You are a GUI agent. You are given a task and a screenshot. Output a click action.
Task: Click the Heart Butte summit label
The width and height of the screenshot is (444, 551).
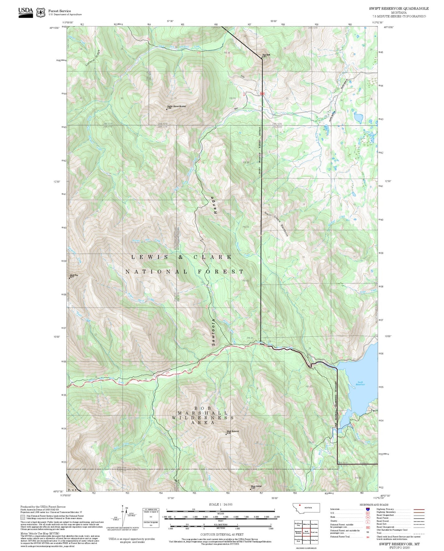click(x=266, y=55)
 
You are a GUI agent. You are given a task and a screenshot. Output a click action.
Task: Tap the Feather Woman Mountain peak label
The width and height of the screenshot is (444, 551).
click(x=176, y=107)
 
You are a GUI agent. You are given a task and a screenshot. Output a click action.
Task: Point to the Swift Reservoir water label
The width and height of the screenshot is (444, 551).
click(x=360, y=383)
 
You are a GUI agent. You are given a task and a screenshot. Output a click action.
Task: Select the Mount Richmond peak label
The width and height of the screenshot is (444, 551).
click(x=233, y=432)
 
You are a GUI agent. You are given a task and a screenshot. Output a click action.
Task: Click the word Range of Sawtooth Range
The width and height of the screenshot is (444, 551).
click(x=215, y=205)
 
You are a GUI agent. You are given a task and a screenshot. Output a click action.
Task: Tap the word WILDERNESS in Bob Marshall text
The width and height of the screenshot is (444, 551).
click(x=202, y=418)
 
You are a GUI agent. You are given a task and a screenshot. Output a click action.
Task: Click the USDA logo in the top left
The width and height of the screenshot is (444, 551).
click(x=26, y=12)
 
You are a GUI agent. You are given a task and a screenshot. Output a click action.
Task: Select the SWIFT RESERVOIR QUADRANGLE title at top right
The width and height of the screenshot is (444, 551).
click(x=399, y=8)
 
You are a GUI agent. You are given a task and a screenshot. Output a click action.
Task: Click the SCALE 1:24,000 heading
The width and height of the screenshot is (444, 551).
click(x=220, y=504)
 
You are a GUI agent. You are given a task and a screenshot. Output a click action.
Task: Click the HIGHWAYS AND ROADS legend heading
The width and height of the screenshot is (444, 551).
click(x=374, y=505)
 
